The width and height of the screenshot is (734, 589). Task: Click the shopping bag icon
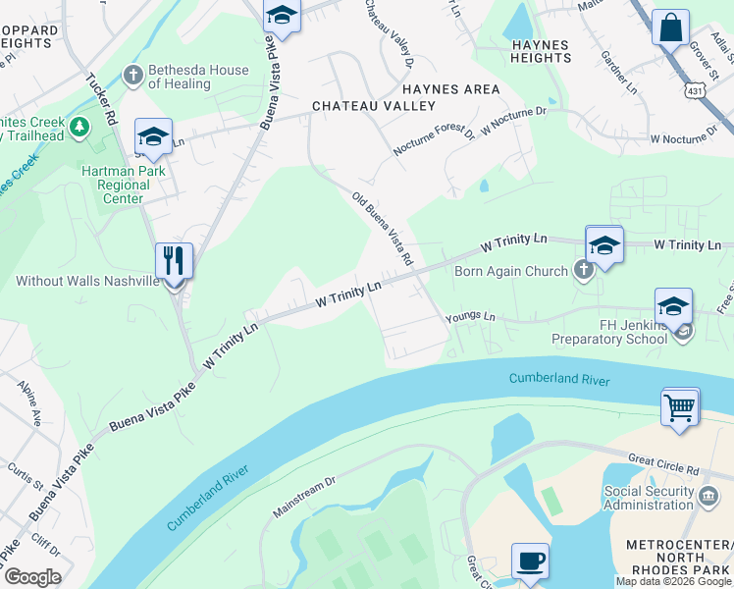pyautogui.click(x=670, y=28)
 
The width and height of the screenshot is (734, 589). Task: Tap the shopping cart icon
pyautogui.click(x=680, y=405)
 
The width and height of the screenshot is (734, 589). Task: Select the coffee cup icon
pyautogui.click(x=531, y=562)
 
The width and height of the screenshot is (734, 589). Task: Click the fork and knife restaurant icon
pyautogui.click(x=174, y=261)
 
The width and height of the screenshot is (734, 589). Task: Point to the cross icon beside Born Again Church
pyautogui.click(x=584, y=271)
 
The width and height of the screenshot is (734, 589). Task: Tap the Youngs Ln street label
pyautogui.click(x=470, y=317)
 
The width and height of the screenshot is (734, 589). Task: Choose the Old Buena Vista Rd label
pyautogui.click(x=382, y=229)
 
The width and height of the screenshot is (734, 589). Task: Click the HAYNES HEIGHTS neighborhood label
pyautogui.click(x=542, y=51)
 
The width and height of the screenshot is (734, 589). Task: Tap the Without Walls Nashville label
pyautogui.click(x=86, y=281)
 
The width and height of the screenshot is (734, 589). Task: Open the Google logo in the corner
pyautogui.click(x=31, y=577)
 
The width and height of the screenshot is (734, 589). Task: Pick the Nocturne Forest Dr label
pyautogui.click(x=433, y=139)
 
